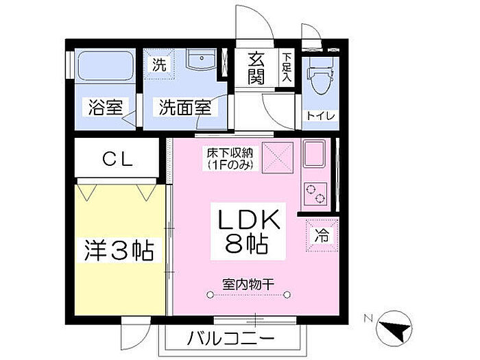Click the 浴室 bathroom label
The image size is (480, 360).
pos(105,107)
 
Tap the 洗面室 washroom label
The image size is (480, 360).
pos(185,107)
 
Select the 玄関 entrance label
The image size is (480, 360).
pos(256,67)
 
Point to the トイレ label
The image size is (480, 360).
pos(321,115)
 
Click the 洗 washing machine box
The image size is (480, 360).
pos(159,66)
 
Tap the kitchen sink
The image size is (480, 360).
pos(316,156)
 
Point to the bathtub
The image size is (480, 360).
pos(105,67)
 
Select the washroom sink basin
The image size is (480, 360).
pos(200,61)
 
